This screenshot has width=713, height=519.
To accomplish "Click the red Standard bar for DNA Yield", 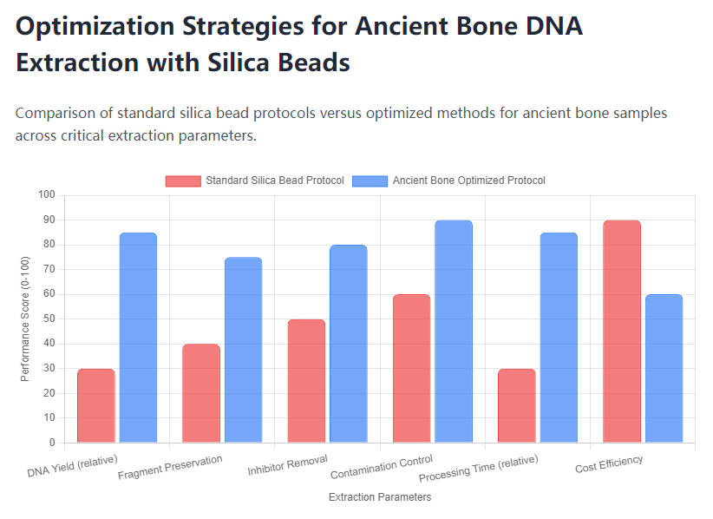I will tap(95, 405).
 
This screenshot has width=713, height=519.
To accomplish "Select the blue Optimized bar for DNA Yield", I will tap(138, 338).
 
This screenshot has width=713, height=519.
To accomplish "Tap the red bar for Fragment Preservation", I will tap(200, 393).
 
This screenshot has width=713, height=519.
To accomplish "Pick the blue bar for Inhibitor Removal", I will tap(348, 344).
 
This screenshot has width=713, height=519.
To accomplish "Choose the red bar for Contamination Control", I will tap(411, 369).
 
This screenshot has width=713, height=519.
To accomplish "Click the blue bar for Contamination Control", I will tap(453, 332).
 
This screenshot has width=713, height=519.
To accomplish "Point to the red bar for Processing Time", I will tap(516, 405).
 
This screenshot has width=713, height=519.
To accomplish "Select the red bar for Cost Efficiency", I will tap(621, 332).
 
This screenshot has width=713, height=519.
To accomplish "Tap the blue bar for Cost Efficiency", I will tap(664, 369).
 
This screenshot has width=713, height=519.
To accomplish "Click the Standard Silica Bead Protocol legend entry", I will tap(255, 181).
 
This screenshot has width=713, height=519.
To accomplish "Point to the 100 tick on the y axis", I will tap(46, 195).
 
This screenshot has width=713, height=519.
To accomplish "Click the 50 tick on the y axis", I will tap(49, 319).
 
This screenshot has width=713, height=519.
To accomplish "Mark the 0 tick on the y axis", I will tap(51, 443).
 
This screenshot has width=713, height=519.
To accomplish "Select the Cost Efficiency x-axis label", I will tap(609, 465).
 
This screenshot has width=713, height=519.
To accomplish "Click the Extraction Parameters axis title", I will tap(380, 497).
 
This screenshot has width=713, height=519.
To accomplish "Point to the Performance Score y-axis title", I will tap(25, 319).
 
